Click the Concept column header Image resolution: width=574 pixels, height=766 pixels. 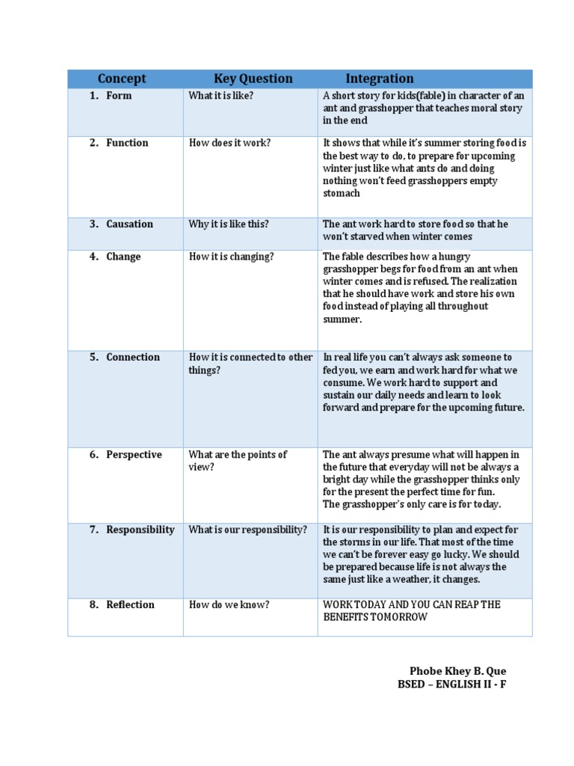pos(122,79)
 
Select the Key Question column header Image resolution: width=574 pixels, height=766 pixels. pos(253,79)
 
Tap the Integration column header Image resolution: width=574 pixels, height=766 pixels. pos(379,79)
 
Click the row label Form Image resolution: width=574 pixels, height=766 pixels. pos(119,96)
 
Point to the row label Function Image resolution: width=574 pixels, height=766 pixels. pos(127,143)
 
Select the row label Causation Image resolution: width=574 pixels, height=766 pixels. pos(129,224)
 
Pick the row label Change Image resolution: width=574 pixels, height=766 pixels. pos(123,257)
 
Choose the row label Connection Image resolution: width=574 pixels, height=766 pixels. pos(133,357)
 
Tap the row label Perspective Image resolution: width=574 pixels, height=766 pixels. pos(134,454)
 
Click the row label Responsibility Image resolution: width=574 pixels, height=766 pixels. pos(141,530)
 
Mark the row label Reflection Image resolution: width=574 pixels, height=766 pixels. pos(130,604)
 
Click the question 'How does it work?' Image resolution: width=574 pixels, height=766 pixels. pos(229,143)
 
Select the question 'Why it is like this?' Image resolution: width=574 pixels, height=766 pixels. pos(229,224)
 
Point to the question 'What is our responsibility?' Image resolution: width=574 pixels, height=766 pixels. pos(247,530)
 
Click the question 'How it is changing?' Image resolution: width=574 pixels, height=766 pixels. pos(231,257)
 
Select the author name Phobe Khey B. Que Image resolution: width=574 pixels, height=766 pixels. pos(457,671)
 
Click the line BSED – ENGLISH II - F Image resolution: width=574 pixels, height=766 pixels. pos(451,684)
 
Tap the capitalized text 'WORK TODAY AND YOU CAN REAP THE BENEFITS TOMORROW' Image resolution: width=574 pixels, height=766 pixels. pos(411,610)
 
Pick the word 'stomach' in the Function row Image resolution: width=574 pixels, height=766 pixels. pos(341,193)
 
